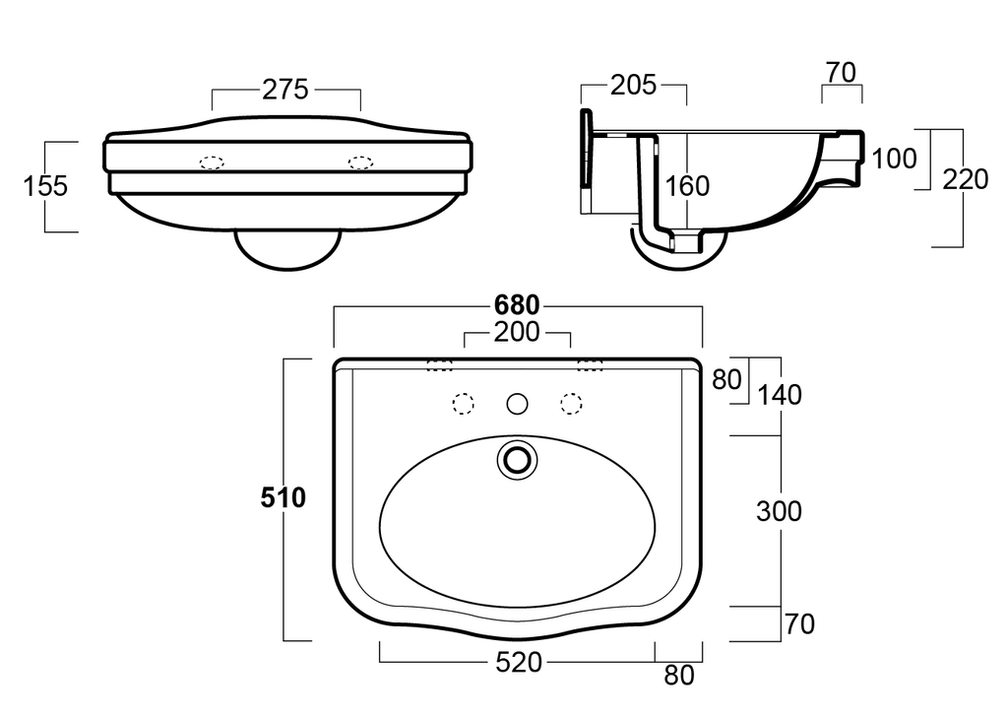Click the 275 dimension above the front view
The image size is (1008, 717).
pyautogui.click(x=285, y=90)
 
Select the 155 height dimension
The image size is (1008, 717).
pyautogui.click(x=45, y=185)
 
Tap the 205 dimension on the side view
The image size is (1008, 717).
pyautogui.click(x=632, y=86)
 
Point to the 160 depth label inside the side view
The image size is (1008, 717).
pyautogui.click(x=687, y=185)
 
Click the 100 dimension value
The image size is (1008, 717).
pyautogui.click(x=894, y=159)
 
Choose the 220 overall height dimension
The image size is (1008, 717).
pyautogui.click(x=965, y=179)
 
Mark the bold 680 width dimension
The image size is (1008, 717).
pyautogui.click(x=517, y=306)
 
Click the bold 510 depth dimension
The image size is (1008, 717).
pyautogui.click(x=283, y=498)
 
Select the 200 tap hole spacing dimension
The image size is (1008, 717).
pyautogui.click(x=517, y=333)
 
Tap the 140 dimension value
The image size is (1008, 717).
pyautogui.click(x=780, y=395)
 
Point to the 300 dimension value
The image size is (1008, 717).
pyautogui.click(x=779, y=511)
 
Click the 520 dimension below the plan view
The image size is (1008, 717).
pyautogui.click(x=518, y=663)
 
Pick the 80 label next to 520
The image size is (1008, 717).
pyautogui.click(x=678, y=676)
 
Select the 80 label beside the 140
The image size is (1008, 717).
pyautogui.click(x=726, y=379)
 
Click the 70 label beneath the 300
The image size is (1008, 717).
pyautogui.click(x=800, y=624)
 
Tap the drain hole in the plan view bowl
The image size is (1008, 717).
pyautogui.click(x=517, y=459)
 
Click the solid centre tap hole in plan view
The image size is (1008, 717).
pyautogui.click(x=517, y=403)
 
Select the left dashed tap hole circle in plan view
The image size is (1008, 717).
pyautogui.click(x=463, y=403)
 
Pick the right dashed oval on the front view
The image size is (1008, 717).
pyautogui.click(x=360, y=162)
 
